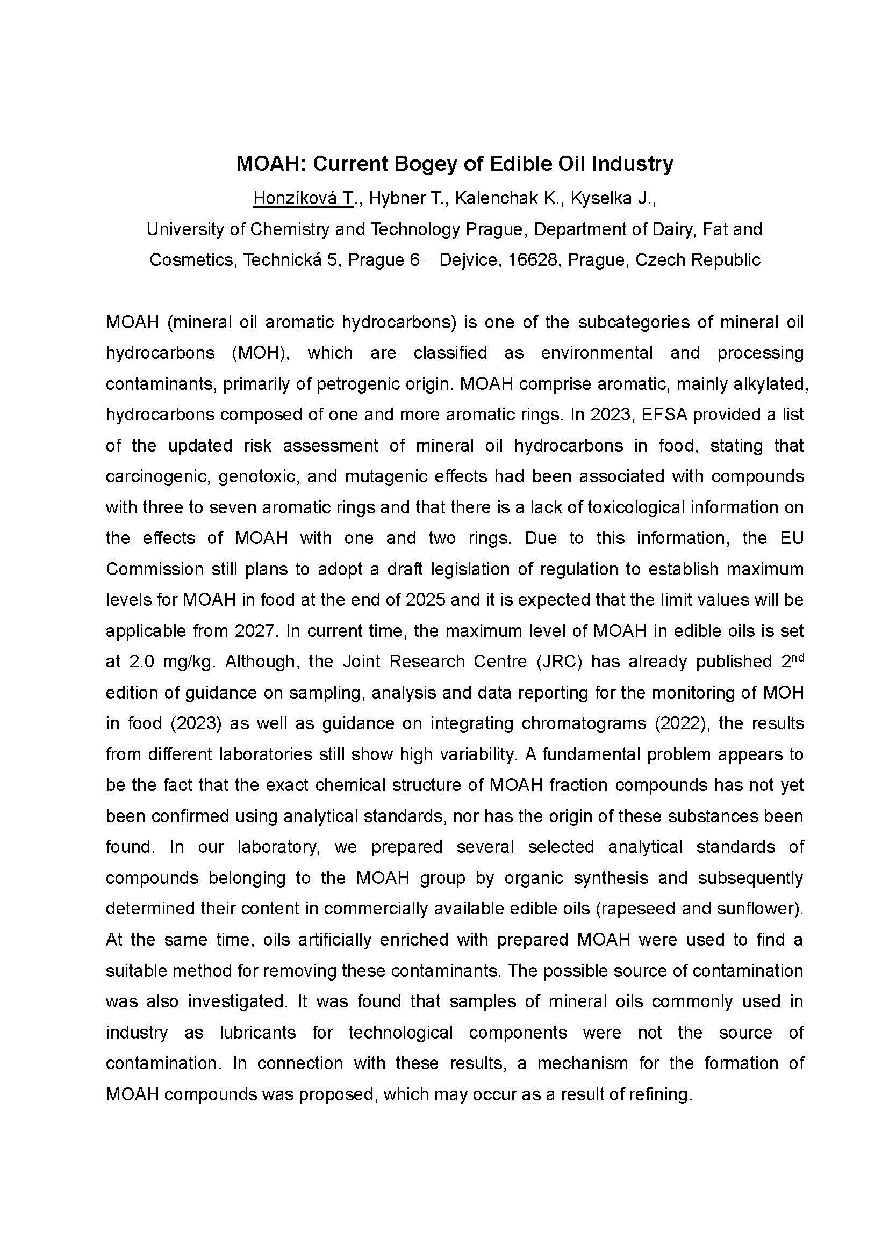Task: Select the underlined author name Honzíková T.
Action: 303,198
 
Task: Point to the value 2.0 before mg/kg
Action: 142,662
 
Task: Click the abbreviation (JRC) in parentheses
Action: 556,662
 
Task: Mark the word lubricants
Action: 258,1032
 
